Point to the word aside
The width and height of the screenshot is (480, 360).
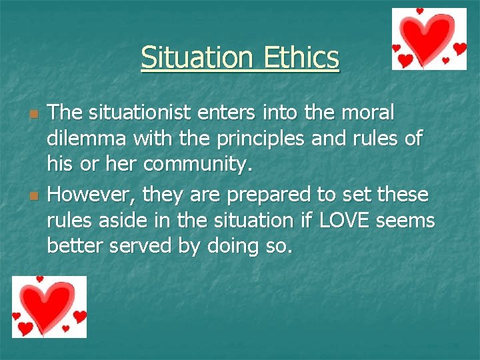129,220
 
